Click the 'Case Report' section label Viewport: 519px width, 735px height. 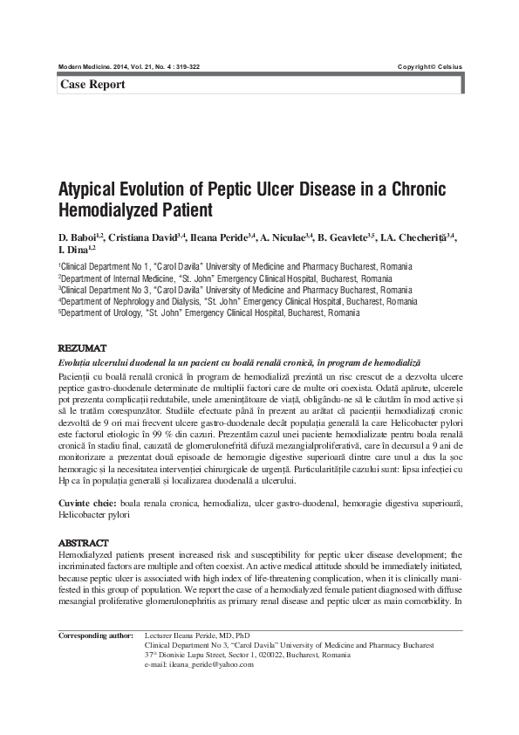[x=92, y=85]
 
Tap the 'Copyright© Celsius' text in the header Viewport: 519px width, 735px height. [x=430, y=67]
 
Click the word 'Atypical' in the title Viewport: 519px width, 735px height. [x=95, y=191]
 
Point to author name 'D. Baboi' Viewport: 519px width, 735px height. [x=78, y=237]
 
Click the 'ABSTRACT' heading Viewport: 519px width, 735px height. [x=83, y=543]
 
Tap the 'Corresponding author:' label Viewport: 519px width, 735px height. [x=96, y=635]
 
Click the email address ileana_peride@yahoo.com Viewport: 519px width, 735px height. [x=199, y=664]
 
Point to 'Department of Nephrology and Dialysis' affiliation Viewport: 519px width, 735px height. [x=132, y=301]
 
